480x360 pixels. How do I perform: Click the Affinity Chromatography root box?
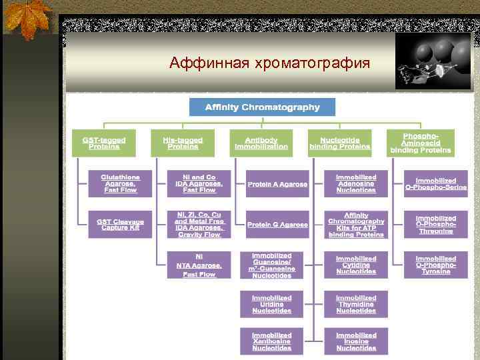[x=262, y=107]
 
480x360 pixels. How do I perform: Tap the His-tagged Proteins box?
[x=183, y=143]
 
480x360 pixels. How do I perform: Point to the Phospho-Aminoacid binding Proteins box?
[x=421, y=143]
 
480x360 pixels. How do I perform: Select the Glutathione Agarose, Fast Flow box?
[x=120, y=183]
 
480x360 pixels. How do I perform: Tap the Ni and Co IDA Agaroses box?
[x=199, y=183]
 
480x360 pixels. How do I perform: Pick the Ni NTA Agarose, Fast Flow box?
[x=199, y=265]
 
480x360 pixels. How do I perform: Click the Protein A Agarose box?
[x=277, y=184]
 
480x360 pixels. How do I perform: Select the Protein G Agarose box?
[x=277, y=225]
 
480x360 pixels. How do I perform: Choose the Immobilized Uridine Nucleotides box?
[x=272, y=304]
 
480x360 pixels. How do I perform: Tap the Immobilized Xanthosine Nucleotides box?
[x=272, y=341]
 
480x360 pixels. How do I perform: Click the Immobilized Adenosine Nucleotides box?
[x=356, y=183]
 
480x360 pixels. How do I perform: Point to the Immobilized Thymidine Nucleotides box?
[x=356, y=304]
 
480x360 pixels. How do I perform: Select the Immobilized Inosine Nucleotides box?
[x=356, y=341]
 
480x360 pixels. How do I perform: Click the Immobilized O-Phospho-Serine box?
[x=435, y=183]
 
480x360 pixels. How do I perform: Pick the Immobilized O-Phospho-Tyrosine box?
[x=435, y=265]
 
